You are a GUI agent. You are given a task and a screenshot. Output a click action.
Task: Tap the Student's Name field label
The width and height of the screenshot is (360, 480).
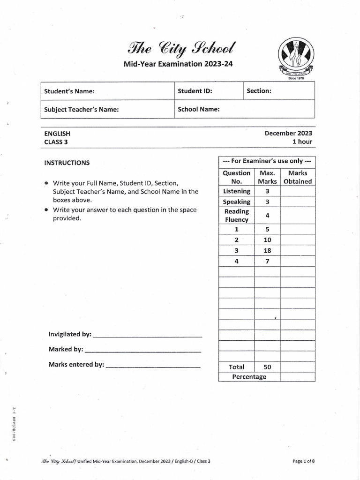[x=69, y=91]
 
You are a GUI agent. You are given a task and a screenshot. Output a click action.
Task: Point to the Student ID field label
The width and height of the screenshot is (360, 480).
[x=195, y=91]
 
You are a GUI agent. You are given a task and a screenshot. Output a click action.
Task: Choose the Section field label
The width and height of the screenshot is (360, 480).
[x=259, y=91]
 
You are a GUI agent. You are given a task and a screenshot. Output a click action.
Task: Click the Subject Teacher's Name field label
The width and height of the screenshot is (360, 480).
[x=81, y=110]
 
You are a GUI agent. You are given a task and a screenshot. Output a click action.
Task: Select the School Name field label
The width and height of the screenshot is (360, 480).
[x=199, y=110]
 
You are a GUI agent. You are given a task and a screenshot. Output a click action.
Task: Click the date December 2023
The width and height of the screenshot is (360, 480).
[x=288, y=133]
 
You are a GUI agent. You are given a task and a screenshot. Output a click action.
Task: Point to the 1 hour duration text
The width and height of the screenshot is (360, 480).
[x=302, y=142]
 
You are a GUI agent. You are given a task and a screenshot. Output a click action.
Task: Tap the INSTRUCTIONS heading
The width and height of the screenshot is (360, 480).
[x=67, y=163]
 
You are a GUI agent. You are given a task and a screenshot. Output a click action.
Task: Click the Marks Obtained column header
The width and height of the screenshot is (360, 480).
[x=298, y=177]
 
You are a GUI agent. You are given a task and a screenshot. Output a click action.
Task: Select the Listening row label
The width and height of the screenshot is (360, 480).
[x=237, y=191]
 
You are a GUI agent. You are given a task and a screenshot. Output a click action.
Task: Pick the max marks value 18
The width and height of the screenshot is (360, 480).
[x=267, y=251]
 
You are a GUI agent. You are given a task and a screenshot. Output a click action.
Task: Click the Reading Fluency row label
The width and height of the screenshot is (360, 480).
[x=237, y=216]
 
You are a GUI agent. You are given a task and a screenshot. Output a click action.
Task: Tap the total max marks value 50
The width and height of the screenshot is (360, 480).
[x=267, y=367]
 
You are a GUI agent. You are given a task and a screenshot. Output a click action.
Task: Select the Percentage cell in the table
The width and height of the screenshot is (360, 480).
[x=249, y=377]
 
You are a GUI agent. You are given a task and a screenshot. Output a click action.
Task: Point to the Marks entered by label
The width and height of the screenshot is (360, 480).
[x=76, y=364]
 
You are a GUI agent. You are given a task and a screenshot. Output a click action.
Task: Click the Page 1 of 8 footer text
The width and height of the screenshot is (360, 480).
[x=303, y=461]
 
